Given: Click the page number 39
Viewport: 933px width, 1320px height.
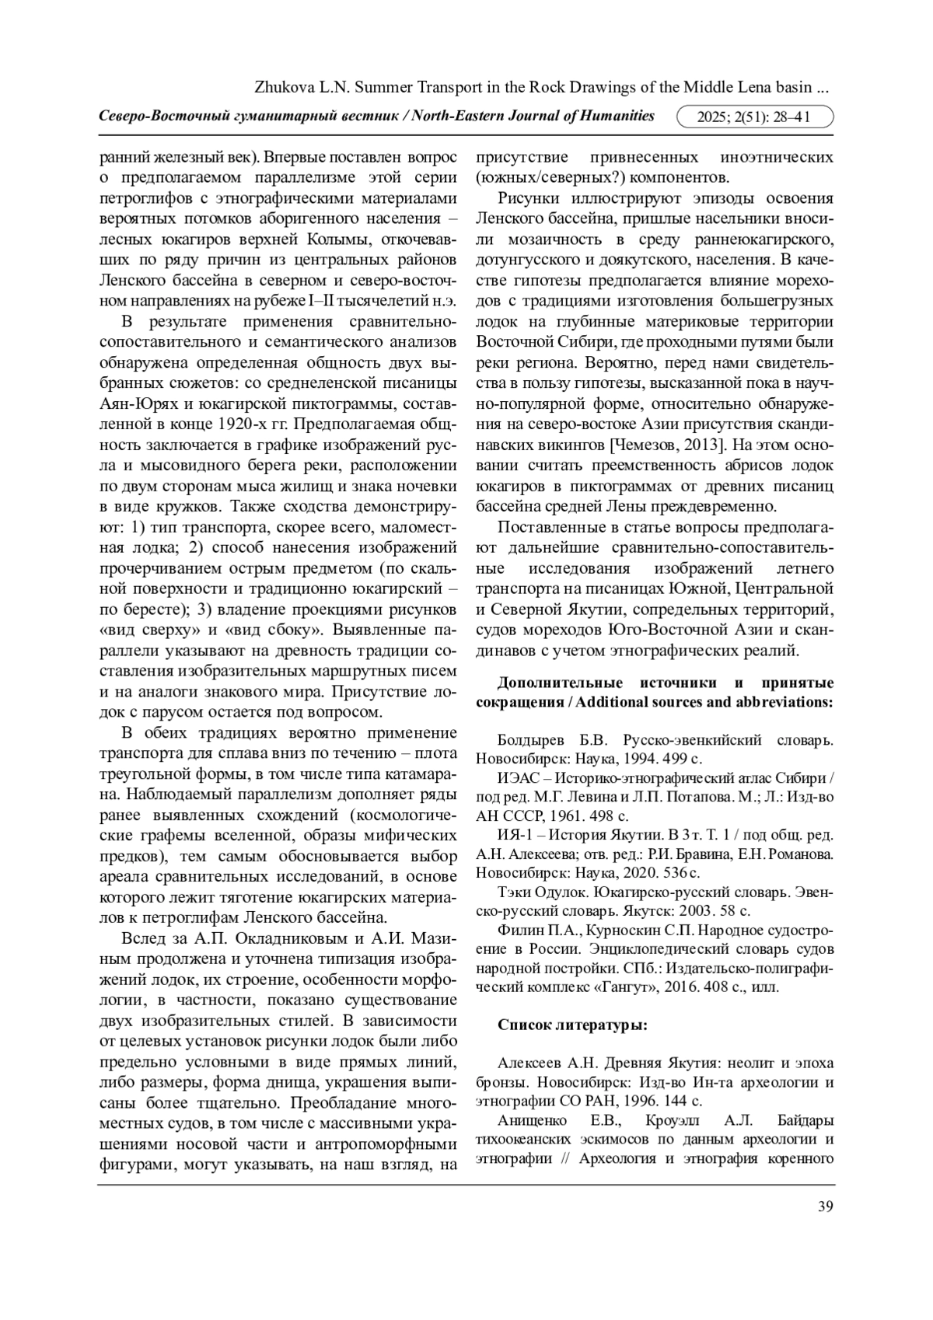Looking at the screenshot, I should (826, 1206).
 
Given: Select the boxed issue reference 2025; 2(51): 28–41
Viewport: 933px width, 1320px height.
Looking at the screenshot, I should (754, 117).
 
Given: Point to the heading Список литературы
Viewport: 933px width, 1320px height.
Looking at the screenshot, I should (572, 1025).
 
